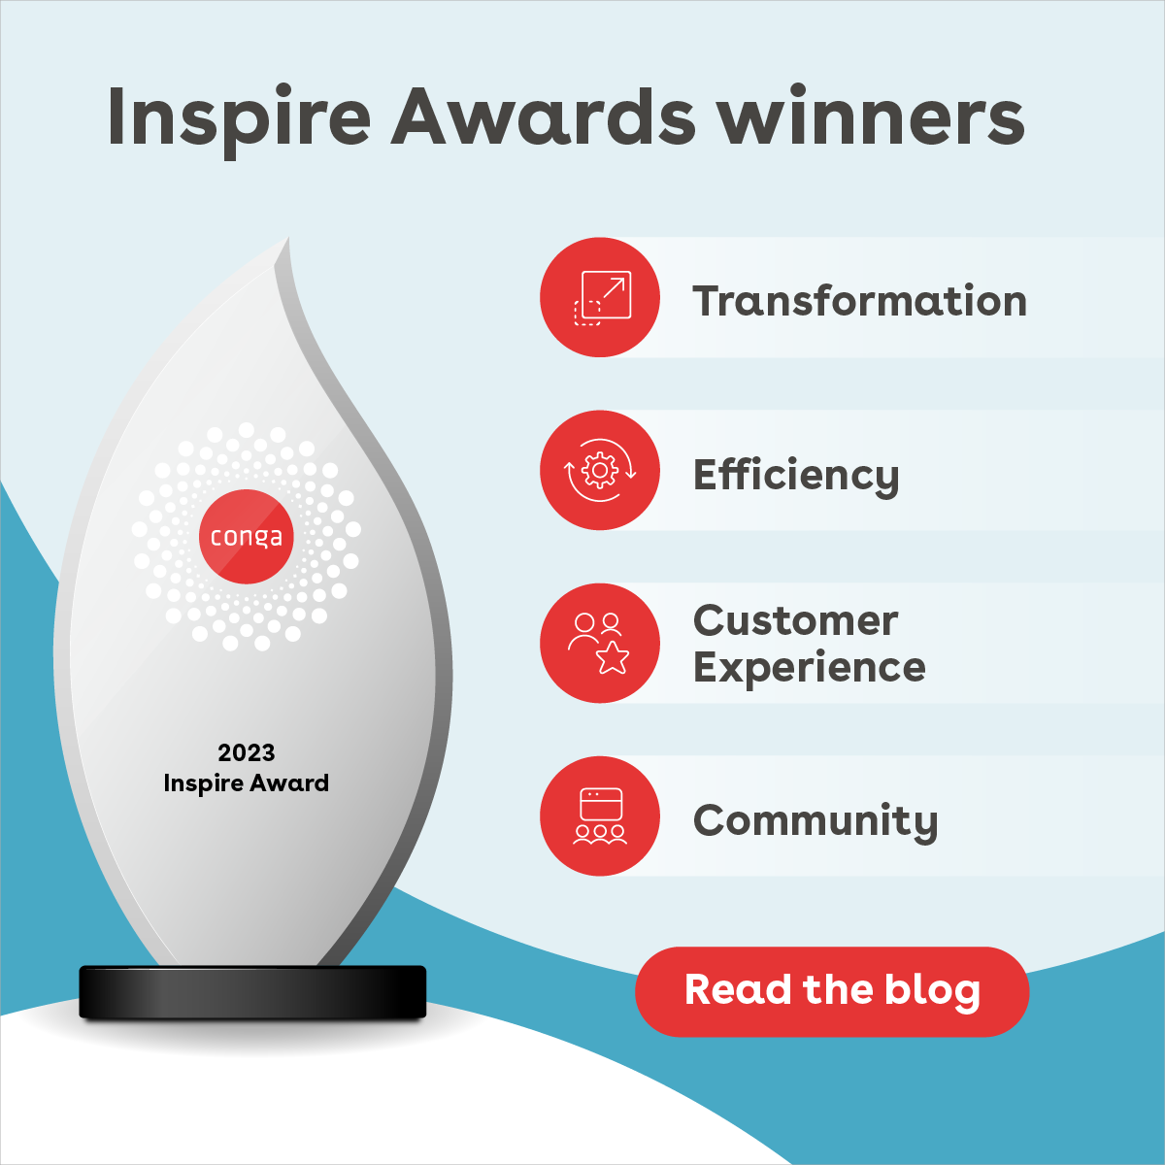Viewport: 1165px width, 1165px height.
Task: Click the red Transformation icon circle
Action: [600, 297]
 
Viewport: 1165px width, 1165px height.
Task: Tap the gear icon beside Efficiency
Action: [600, 471]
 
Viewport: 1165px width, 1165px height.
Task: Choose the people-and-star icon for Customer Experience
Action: [600, 643]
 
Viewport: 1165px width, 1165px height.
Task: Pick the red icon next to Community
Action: [600, 816]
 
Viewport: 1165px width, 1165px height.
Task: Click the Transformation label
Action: [859, 301]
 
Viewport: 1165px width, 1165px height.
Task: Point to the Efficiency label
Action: [796, 476]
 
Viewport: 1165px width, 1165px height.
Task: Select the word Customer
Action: [796, 621]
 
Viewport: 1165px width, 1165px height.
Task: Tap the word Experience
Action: [810, 668]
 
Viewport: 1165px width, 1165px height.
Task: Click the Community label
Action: [815, 821]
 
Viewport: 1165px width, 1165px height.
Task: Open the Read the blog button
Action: [832, 991]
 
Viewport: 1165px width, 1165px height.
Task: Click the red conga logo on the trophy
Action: [247, 537]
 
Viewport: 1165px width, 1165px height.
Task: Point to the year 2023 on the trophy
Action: [247, 752]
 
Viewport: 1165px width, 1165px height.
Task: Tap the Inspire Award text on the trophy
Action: [247, 783]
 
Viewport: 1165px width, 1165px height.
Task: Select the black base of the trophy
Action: [252, 992]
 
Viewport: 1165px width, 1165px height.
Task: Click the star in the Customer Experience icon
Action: [613, 657]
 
